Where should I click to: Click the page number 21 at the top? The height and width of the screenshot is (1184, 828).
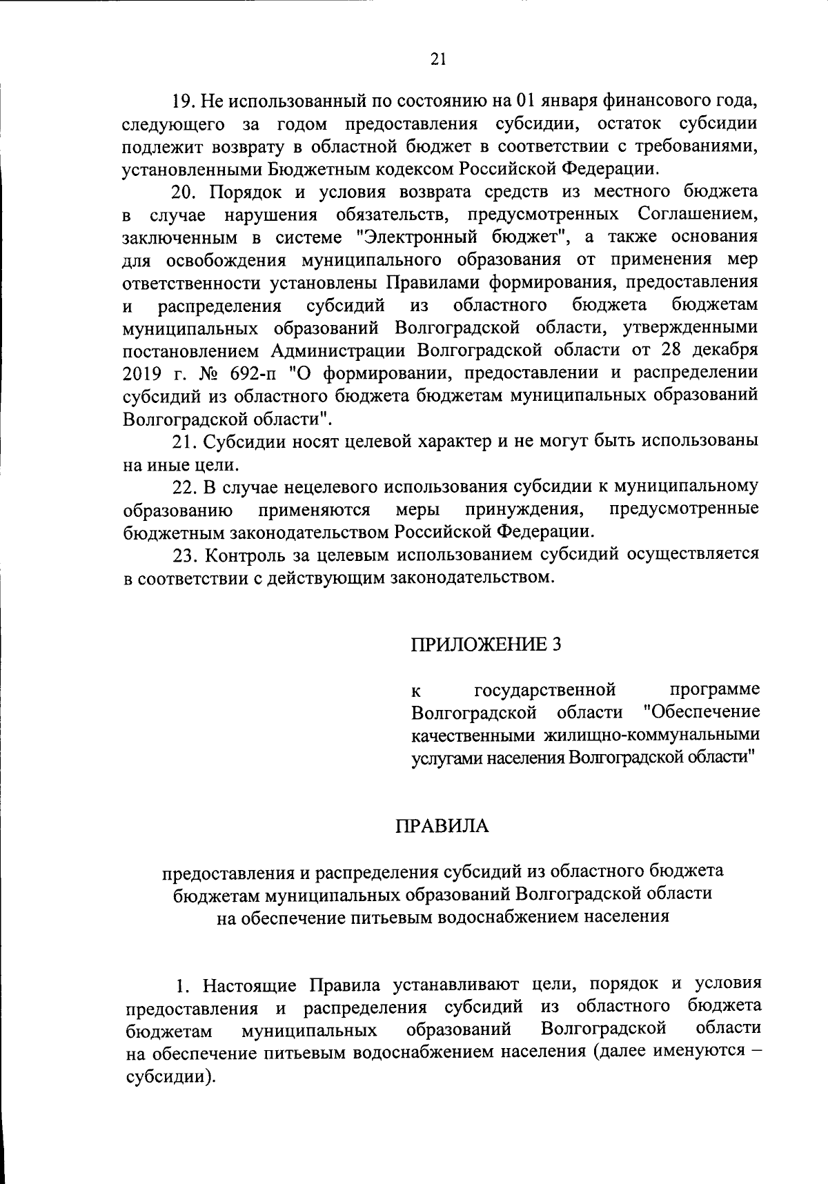[x=437, y=59]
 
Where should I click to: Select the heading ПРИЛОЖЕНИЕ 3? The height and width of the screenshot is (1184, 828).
[x=486, y=644]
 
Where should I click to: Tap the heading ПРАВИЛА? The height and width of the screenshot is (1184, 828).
[x=442, y=826]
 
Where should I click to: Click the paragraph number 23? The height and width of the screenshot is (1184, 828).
[x=183, y=555]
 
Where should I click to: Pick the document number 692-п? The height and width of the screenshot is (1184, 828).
[x=261, y=373]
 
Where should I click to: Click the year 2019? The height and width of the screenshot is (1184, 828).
[x=142, y=373]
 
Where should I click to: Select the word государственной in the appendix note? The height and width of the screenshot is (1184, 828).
[x=545, y=689]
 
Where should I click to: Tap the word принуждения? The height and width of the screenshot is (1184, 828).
[x=520, y=510]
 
